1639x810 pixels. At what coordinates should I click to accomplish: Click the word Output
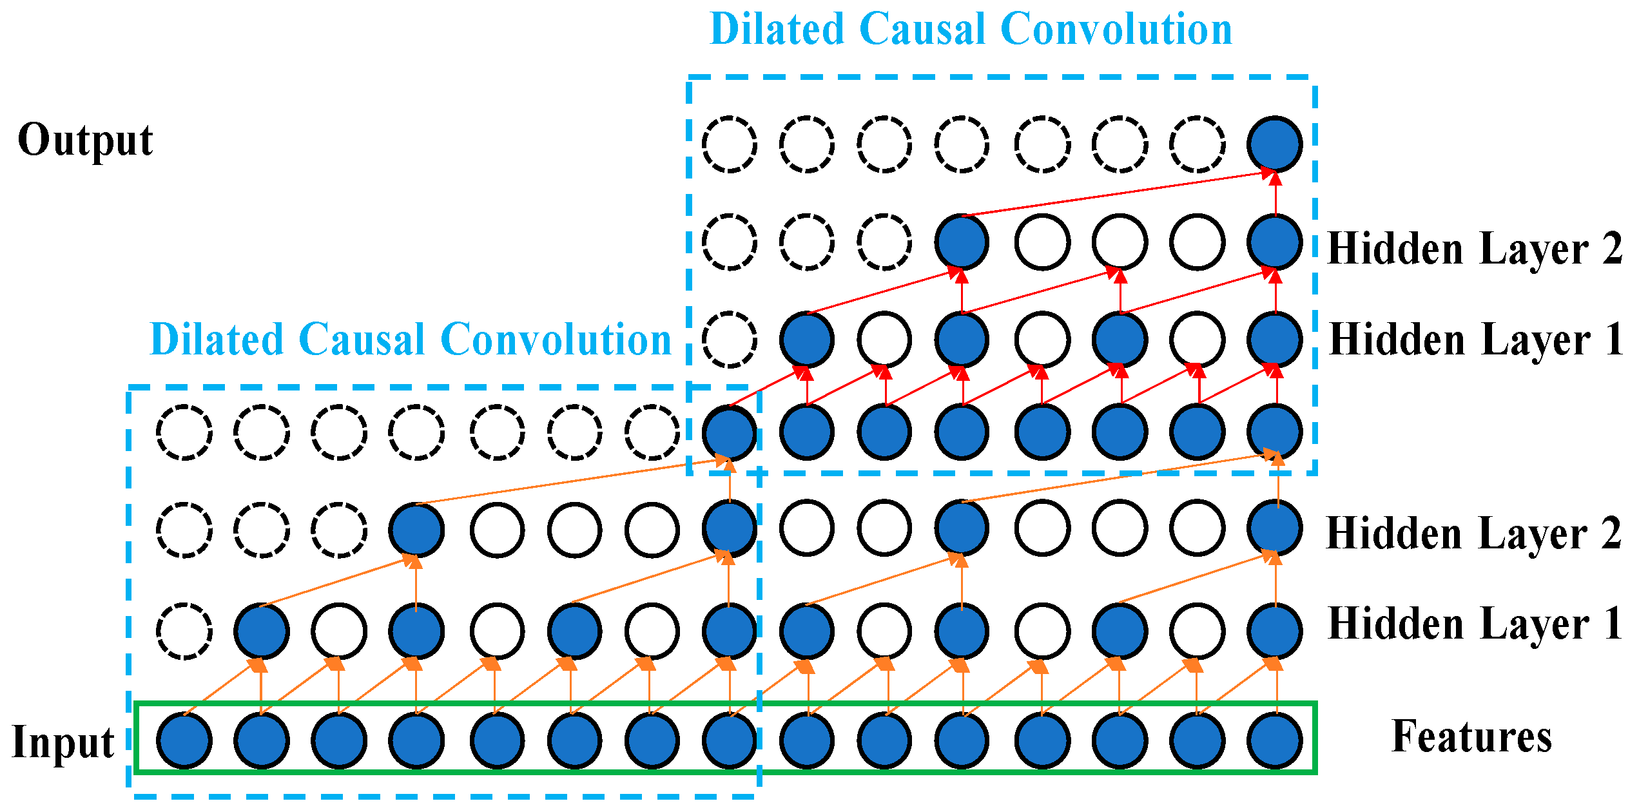[x=85, y=140]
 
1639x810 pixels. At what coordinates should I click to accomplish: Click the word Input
[x=63, y=742]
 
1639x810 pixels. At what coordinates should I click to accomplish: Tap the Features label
[x=1472, y=737]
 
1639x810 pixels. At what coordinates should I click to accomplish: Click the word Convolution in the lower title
[x=556, y=340]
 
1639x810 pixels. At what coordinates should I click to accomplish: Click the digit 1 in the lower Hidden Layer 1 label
[x=1614, y=624]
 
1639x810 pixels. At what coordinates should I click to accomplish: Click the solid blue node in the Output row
[x=1275, y=144]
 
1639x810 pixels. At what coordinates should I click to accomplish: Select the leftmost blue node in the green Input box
[x=184, y=740]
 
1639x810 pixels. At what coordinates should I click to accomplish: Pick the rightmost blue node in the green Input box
[x=1275, y=740]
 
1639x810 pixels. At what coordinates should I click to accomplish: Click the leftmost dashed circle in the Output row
[x=730, y=144]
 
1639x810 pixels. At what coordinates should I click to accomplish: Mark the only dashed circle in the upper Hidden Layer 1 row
[x=730, y=340]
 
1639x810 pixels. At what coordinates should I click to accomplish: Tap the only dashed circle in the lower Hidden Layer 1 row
[x=184, y=632]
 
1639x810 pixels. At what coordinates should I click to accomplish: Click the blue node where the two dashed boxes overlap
[x=730, y=432]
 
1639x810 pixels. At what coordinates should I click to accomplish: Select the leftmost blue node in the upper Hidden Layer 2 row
[x=962, y=242]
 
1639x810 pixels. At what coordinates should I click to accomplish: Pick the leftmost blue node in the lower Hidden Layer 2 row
[x=416, y=530]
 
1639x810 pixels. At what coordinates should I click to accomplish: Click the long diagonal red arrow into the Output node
[x=1118, y=193]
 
